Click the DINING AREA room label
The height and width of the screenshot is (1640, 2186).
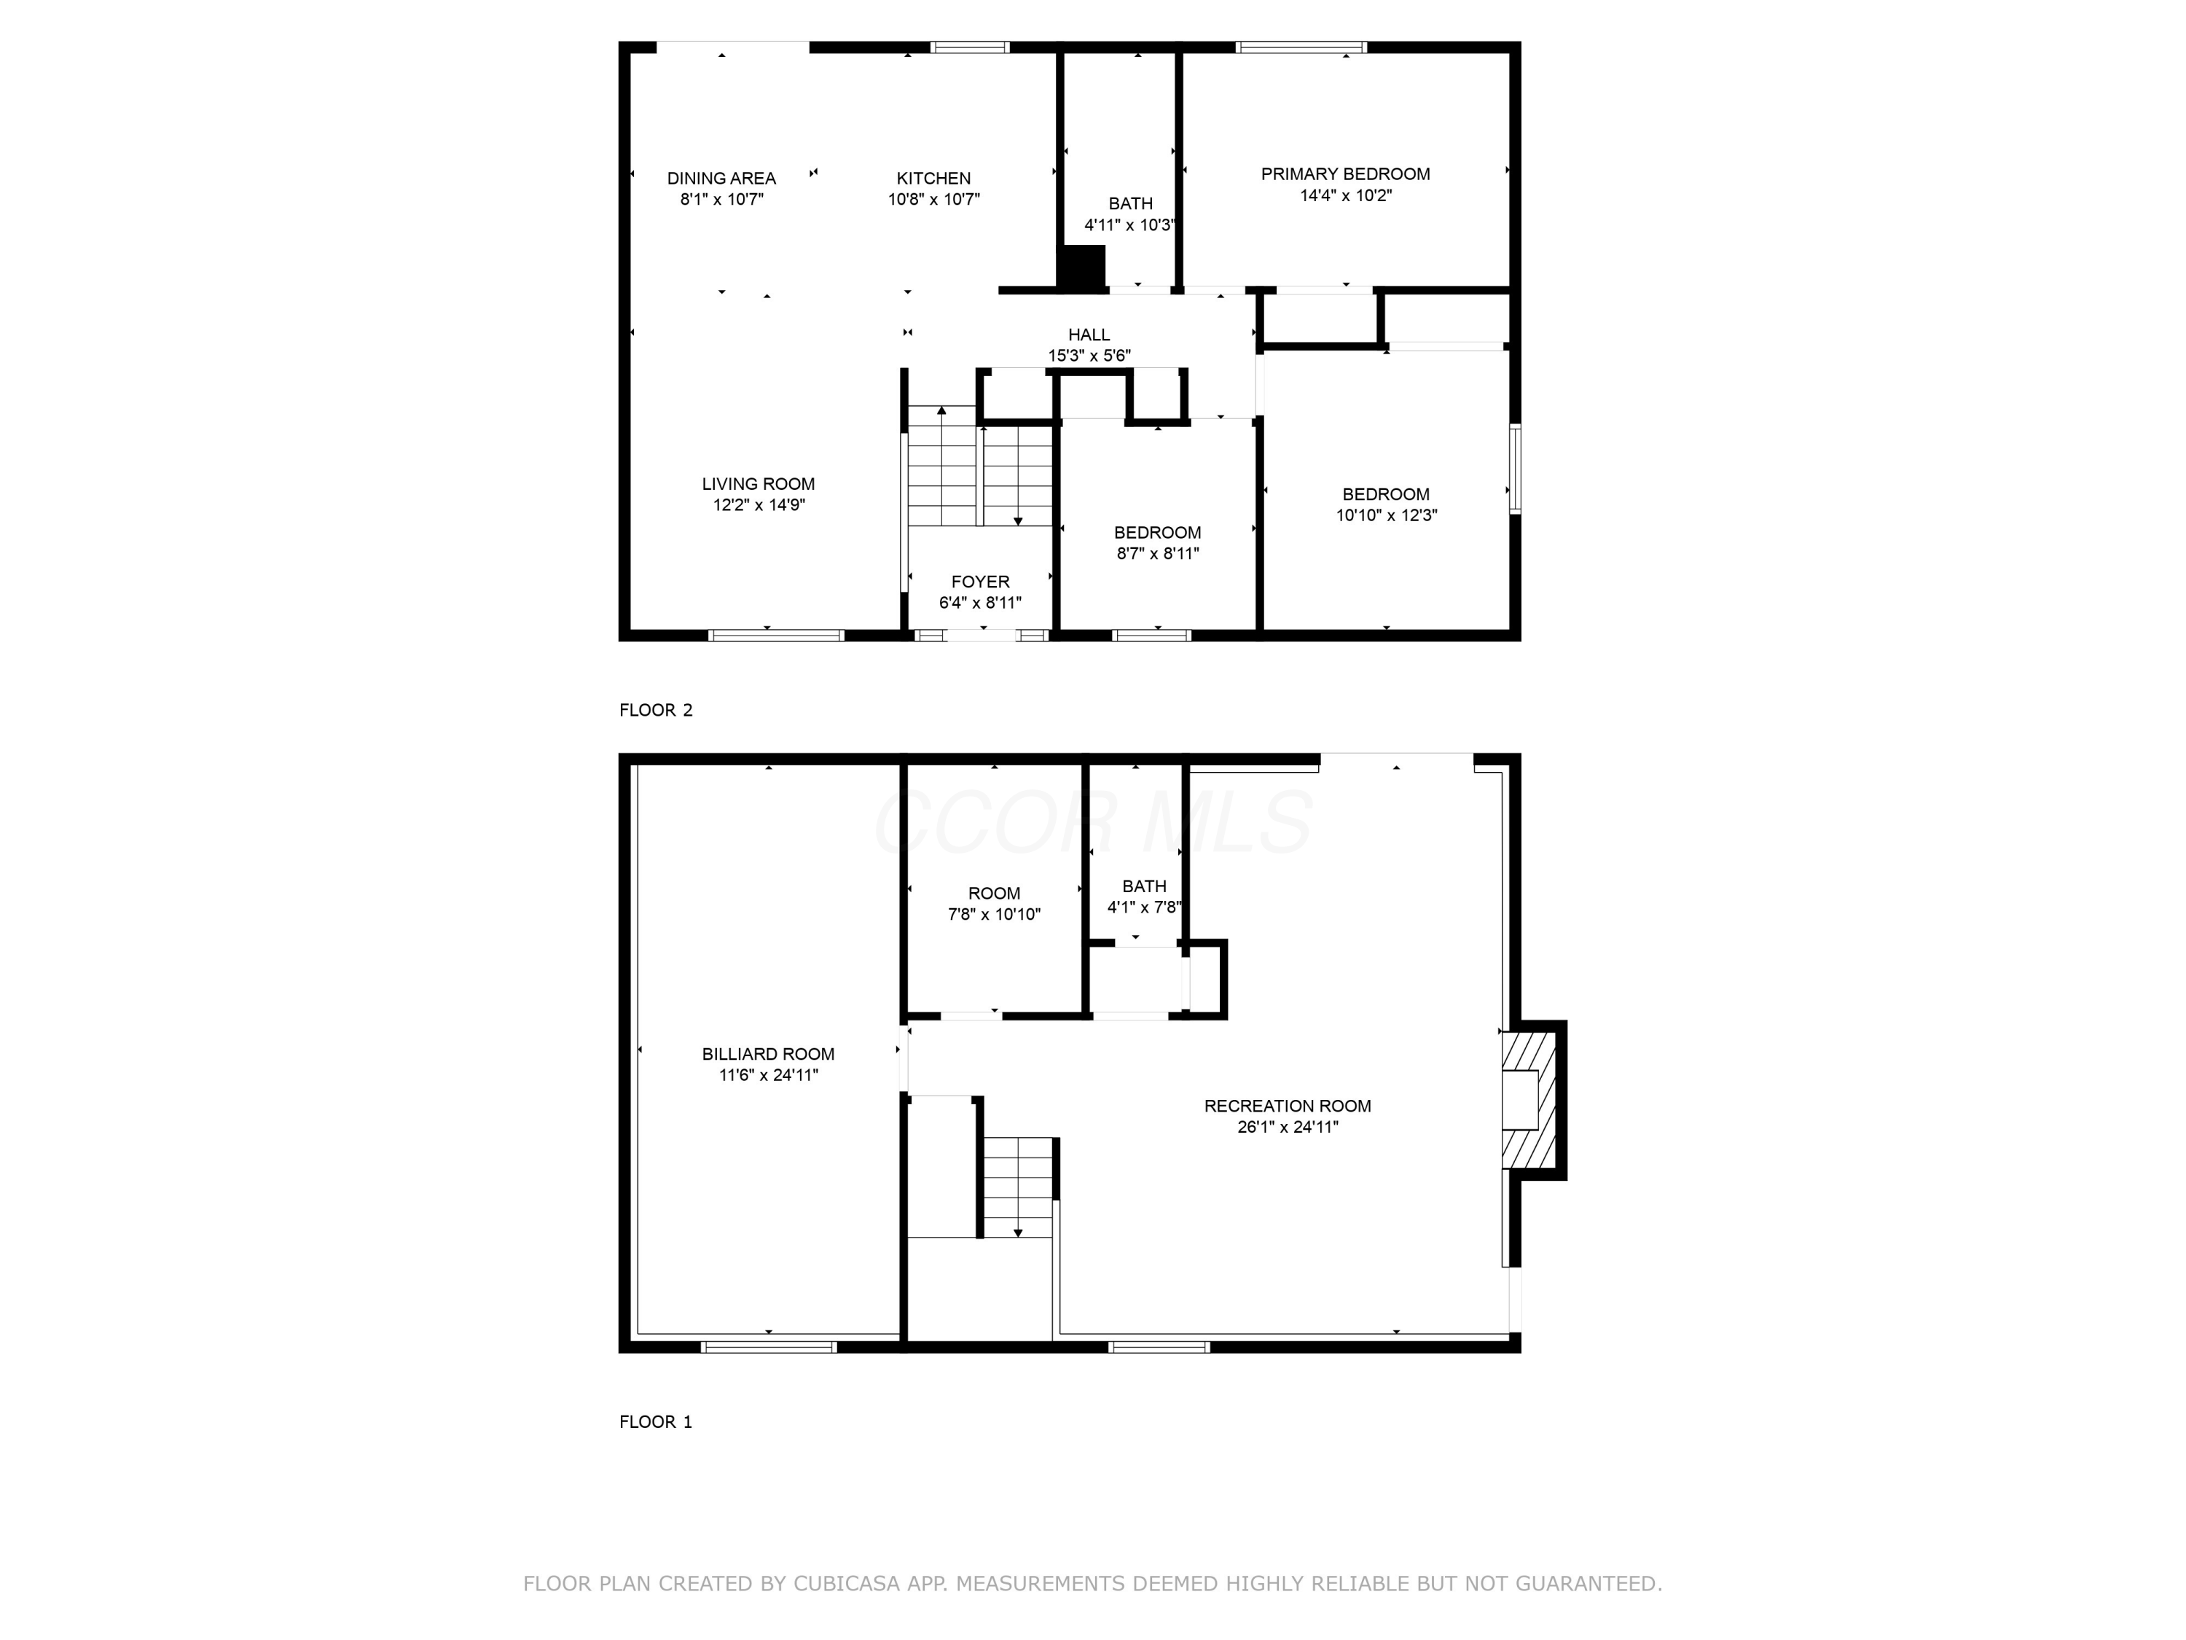coord(721,179)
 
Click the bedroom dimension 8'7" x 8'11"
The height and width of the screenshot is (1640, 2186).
coord(1156,553)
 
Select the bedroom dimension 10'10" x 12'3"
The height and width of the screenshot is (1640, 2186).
coord(1385,515)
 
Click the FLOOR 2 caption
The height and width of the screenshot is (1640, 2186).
coord(655,710)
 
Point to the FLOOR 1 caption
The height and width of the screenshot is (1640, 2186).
coord(655,1421)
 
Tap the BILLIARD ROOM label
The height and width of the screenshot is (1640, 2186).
coord(768,1054)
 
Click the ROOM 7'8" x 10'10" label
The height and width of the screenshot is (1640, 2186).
coord(993,894)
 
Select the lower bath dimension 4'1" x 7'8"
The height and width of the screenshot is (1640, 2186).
coord(1143,907)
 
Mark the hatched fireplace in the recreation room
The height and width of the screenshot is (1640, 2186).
coord(1529,1100)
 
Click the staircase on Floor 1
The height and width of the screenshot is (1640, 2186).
coord(1018,1186)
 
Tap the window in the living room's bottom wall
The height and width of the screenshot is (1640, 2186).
coord(776,636)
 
